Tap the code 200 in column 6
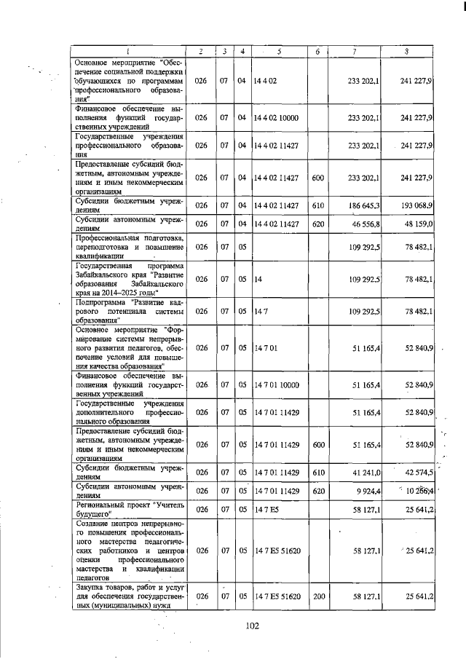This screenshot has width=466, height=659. (x=317, y=596)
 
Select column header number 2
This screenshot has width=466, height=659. (x=201, y=51)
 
